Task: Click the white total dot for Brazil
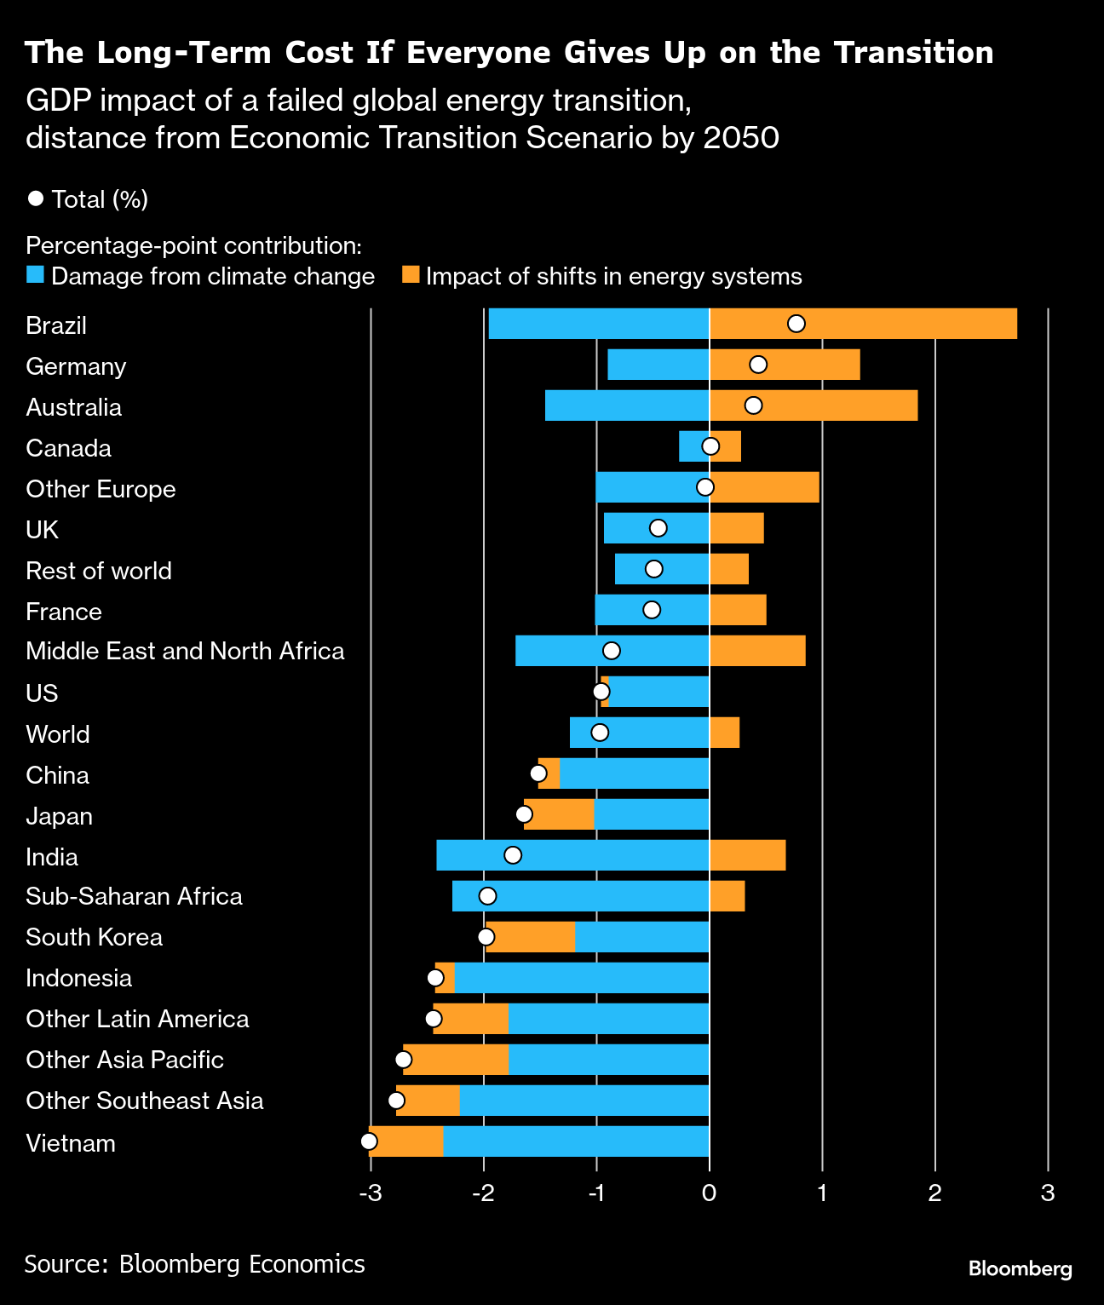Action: (796, 324)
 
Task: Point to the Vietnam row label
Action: (71, 1143)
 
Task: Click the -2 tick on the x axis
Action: (483, 1193)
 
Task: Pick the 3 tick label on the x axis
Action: (1048, 1193)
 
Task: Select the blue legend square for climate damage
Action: (35, 275)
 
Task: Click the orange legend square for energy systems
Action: (411, 275)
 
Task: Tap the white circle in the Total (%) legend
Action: (36, 198)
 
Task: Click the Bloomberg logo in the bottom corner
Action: (1020, 1269)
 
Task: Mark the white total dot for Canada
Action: (710, 446)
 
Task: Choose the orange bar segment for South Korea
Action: (531, 937)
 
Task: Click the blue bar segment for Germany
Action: (658, 365)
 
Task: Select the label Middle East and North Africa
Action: (185, 651)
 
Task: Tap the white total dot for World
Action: (600, 733)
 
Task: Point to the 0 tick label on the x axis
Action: (709, 1193)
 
